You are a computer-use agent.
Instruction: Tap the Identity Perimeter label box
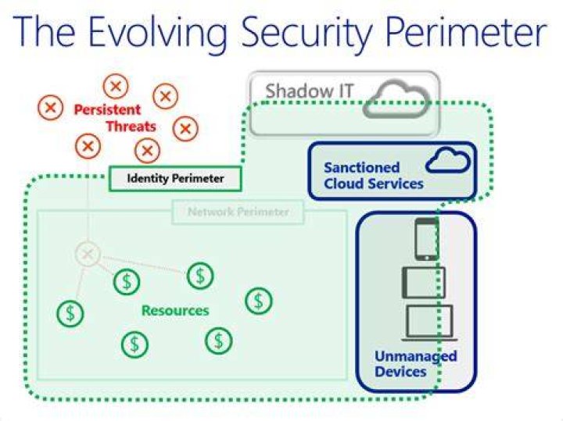[175, 178]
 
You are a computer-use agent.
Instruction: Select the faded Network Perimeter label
[238, 212]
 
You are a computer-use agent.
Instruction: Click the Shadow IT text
[310, 91]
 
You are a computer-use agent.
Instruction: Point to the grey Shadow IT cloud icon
[396, 99]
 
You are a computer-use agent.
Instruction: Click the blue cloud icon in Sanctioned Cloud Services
[448, 160]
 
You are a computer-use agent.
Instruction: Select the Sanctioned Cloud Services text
[374, 176]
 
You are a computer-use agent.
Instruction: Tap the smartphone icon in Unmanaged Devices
[427, 240]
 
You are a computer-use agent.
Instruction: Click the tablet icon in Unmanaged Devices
[424, 283]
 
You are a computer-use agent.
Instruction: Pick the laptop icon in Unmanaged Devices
[429, 323]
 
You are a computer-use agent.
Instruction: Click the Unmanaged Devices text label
[415, 364]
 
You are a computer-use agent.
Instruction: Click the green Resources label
[175, 311]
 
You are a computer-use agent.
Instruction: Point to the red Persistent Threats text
[115, 118]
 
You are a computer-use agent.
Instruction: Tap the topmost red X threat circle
[116, 86]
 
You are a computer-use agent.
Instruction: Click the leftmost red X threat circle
[50, 107]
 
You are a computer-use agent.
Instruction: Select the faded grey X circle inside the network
[88, 255]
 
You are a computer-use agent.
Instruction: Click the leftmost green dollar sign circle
[70, 313]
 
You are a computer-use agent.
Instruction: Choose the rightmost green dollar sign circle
[259, 301]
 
